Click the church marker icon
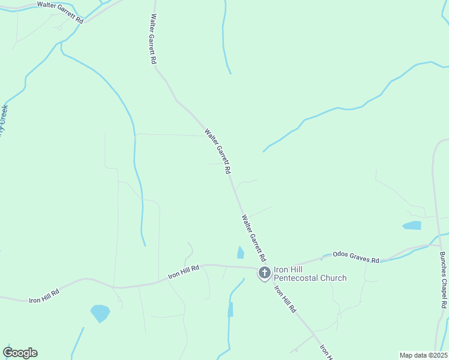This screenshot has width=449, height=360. pos(264,274)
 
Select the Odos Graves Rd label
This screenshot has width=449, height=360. pos(356,257)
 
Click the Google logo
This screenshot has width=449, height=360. pos(20,353)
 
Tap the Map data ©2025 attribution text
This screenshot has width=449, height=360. pos(423,355)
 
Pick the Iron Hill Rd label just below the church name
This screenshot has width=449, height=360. pos(285,298)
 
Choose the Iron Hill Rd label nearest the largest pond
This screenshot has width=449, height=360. pos(44,295)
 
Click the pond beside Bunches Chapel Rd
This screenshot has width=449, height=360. pos(412,226)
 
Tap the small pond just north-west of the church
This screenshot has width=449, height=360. pos(241,253)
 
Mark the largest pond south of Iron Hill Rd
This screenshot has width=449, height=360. pos(100,313)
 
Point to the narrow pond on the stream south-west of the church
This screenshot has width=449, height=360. pos(230,309)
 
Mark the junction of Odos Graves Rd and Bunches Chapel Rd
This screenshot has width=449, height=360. pos(437,245)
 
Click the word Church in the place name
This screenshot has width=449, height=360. pos(334,278)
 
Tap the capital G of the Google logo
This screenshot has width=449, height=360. pos(8,353)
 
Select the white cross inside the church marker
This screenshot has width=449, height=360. pos(264,272)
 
